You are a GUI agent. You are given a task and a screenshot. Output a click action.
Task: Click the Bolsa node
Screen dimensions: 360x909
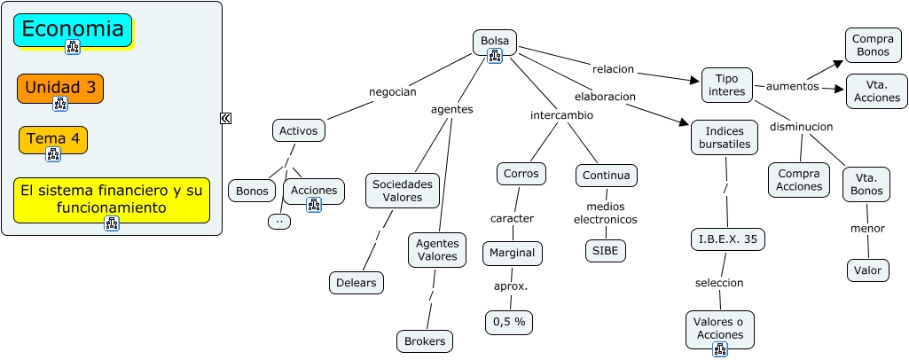click(494, 41)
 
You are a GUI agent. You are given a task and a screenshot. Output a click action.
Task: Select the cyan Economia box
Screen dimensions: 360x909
click(73, 29)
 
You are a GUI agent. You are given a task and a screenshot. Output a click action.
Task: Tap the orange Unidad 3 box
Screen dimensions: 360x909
click(60, 88)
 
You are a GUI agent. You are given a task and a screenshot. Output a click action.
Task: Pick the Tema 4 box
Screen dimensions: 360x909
click(53, 138)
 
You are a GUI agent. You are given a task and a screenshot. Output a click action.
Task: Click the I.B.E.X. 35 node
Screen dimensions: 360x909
click(727, 239)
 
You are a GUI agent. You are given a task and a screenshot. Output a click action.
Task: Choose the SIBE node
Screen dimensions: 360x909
click(606, 251)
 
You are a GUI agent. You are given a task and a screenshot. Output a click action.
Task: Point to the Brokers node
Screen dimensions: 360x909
click(425, 341)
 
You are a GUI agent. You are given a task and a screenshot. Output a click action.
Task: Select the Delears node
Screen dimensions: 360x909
click(357, 283)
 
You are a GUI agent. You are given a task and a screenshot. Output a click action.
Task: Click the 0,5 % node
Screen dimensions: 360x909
click(509, 322)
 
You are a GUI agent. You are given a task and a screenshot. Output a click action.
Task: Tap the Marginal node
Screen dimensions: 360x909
click(513, 253)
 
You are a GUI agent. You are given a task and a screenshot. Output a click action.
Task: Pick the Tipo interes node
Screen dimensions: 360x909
click(727, 85)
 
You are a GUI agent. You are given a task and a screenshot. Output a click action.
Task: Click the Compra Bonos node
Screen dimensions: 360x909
click(872, 45)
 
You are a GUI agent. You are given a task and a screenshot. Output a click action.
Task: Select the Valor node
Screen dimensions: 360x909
click(867, 270)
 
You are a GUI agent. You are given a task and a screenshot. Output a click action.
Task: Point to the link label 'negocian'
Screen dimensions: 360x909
click(392, 91)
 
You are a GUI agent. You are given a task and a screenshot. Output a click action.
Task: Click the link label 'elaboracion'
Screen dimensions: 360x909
click(605, 96)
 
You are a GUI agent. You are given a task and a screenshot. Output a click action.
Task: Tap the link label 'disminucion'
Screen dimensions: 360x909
click(801, 127)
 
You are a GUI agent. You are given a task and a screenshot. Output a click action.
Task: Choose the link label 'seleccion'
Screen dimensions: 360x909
click(718, 282)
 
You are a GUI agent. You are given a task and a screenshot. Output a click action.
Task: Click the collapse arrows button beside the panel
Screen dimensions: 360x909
click(226, 118)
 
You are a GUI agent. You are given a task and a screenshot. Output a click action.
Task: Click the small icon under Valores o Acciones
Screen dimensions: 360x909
click(719, 349)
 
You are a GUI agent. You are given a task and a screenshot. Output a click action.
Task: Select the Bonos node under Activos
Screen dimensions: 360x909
click(253, 191)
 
